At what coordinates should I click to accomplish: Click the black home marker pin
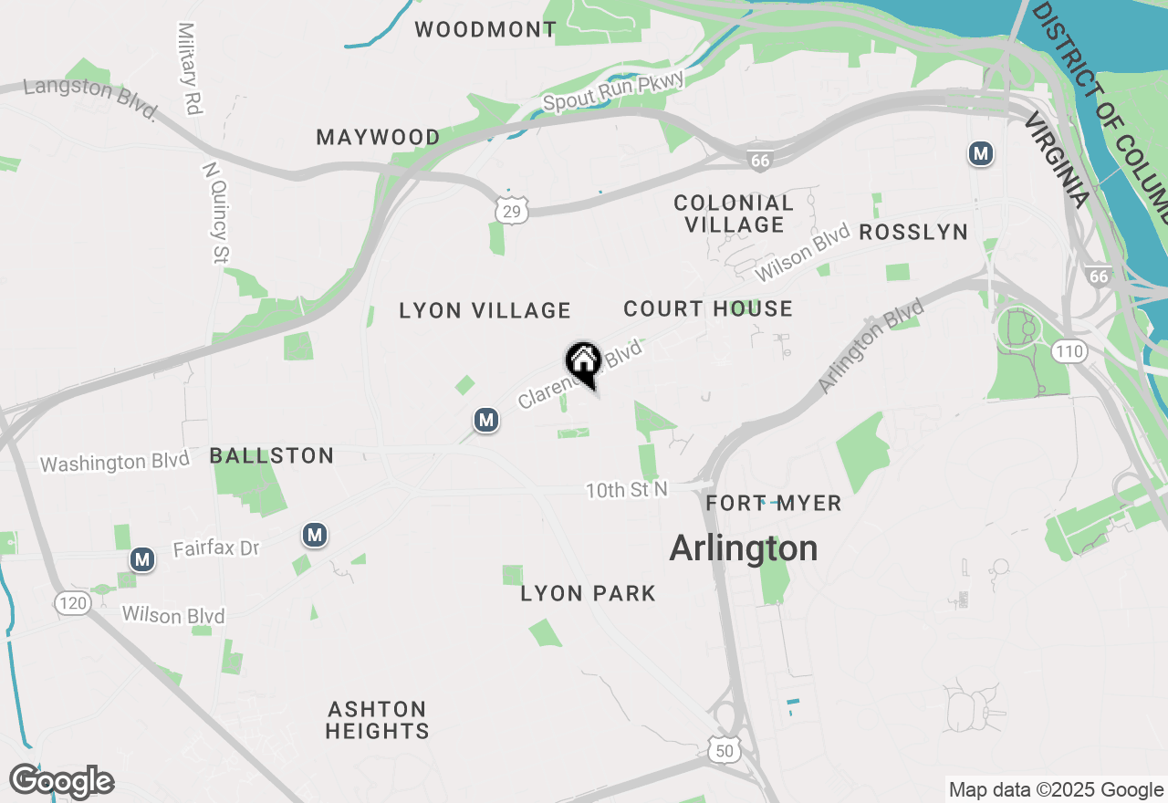click(583, 362)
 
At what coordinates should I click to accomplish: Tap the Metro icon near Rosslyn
click(981, 154)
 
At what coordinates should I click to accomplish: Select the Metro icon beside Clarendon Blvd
click(486, 420)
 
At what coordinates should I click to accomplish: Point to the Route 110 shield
click(1069, 350)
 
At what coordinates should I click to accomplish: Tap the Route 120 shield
click(71, 602)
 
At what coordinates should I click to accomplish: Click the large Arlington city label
click(743, 548)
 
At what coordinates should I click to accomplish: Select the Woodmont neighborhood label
click(485, 29)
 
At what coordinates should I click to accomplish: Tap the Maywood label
click(378, 138)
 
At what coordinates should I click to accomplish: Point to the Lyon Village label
click(485, 311)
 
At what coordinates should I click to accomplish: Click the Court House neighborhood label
click(708, 309)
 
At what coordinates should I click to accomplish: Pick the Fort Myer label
click(773, 503)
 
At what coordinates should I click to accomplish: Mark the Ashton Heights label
click(377, 720)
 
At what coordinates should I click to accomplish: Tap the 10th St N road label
click(626, 490)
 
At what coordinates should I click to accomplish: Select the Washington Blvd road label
click(115, 462)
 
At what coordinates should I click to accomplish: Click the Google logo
click(61, 782)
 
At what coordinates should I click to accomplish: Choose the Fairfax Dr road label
click(216, 548)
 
